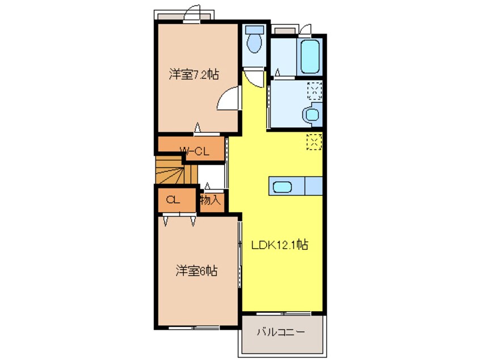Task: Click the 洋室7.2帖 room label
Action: coord(194,74)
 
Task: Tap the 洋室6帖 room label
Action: coord(195,271)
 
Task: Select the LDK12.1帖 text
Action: coord(280,245)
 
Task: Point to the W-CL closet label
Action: coord(195,151)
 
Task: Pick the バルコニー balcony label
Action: coord(281,332)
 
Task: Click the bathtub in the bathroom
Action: coord(310,56)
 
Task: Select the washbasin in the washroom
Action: coord(311,114)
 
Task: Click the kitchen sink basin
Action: coord(282,186)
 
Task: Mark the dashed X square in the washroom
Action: coord(314,90)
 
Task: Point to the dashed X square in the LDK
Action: coord(314,141)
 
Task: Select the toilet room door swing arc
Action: coord(255,78)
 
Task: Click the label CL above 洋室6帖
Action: coord(173,200)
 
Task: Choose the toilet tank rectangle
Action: coord(254,29)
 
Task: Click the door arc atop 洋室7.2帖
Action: coord(193,14)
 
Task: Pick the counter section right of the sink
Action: coord(314,185)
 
